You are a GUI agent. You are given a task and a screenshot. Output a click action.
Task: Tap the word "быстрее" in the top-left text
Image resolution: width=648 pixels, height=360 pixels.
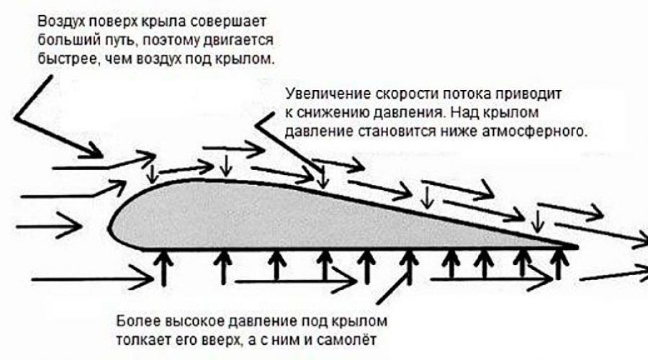pos(66,59)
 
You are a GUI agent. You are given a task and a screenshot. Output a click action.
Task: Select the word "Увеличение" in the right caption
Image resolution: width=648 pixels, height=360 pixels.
pos(328,94)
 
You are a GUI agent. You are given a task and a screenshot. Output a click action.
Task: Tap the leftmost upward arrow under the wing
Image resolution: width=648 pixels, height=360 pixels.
pos(164,269)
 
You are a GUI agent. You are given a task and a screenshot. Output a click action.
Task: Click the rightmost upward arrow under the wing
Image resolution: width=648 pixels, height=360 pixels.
pos(559,264)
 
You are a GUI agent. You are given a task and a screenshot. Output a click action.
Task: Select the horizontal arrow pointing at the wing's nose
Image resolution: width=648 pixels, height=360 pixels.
pos(49,225)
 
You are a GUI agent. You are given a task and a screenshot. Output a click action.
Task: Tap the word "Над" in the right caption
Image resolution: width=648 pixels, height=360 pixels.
pos(467,113)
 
